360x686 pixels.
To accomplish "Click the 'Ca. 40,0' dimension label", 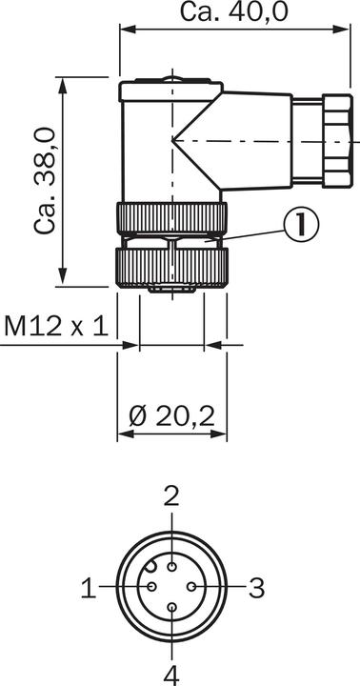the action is coord(235,11).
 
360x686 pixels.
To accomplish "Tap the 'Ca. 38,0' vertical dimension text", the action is coord(46,181).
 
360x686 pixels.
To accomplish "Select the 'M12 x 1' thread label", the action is coord(56,326).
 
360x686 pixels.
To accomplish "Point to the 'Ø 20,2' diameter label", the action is coord(172,416).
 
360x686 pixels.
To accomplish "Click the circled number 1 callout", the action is coord(301,224).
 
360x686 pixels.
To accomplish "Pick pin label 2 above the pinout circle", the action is coord(172,496).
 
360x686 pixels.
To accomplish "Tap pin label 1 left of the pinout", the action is coord(89,588).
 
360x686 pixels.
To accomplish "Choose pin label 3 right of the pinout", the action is coord(257,588).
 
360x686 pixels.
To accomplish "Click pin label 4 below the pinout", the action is coord(172,676).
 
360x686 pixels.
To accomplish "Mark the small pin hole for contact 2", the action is coord(172,568).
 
